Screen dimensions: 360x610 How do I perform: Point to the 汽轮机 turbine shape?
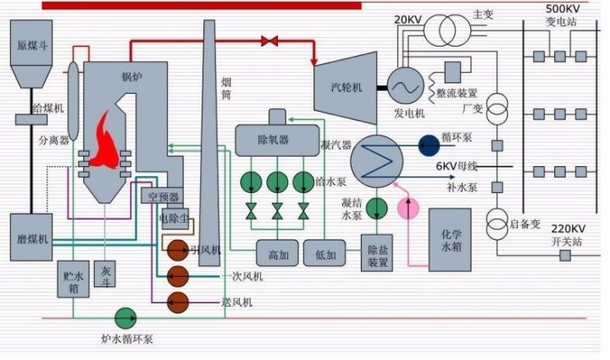[x=347, y=84]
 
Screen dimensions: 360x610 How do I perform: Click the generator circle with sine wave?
[x=406, y=85]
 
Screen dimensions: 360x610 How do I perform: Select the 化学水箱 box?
[x=450, y=240]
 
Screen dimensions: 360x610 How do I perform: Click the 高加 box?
[x=278, y=252]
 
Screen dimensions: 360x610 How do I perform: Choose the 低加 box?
[x=325, y=252]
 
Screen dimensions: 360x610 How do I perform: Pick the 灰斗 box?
[x=106, y=275]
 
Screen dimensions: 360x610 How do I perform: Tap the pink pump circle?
[x=409, y=208]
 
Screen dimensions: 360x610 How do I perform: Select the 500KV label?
[x=563, y=8]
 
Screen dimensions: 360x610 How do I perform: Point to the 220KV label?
[x=568, y=228]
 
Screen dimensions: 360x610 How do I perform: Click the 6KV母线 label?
[x=458, y=166]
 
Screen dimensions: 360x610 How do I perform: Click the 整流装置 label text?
[x=457, y=93]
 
